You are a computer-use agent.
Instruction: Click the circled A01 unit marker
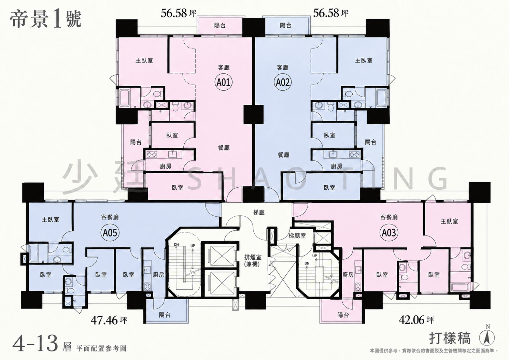click(x=224, y=82)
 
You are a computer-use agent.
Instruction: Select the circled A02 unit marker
click(x=283, y=82)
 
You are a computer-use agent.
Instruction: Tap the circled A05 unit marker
click(x=110, y=233)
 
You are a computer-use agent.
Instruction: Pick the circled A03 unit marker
click(x=389, y=233)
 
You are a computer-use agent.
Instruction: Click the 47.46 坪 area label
click(x=109, y=320)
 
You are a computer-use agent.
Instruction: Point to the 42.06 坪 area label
click(x=416, y=320)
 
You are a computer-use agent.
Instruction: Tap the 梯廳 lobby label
click(x=259, y=213)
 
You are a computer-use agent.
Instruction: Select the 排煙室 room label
click(x=253, y=257)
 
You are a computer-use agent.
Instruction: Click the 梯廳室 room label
click(x=297, y=236)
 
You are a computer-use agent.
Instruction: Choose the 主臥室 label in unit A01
click(x=144, y=60)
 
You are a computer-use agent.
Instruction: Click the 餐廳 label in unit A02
click(x=284, y=155)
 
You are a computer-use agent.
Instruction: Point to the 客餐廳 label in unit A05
click(x=110, y=217)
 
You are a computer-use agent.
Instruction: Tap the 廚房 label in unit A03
click(x=348, y=275)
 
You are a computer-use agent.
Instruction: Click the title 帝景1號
click(x=45, y=20)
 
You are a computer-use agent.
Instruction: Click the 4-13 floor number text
click(x=36, y=343)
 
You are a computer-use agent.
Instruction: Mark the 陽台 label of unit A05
click(x=165, y=315)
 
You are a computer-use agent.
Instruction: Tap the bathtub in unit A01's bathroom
click(x=125, y=98)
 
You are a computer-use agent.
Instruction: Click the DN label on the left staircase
click(x=176, y=245)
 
